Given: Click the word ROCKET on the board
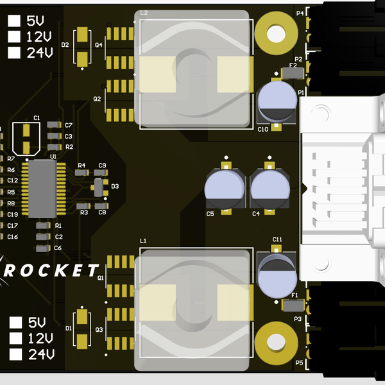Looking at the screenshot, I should click(51, 270).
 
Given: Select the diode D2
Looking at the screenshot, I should click(83, 47).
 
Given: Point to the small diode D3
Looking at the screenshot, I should click(98, 187).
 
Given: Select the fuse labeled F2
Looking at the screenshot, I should click(292, 74).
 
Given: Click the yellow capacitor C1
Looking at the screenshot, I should click(26, 139).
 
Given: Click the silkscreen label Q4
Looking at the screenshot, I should click(98, 45).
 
